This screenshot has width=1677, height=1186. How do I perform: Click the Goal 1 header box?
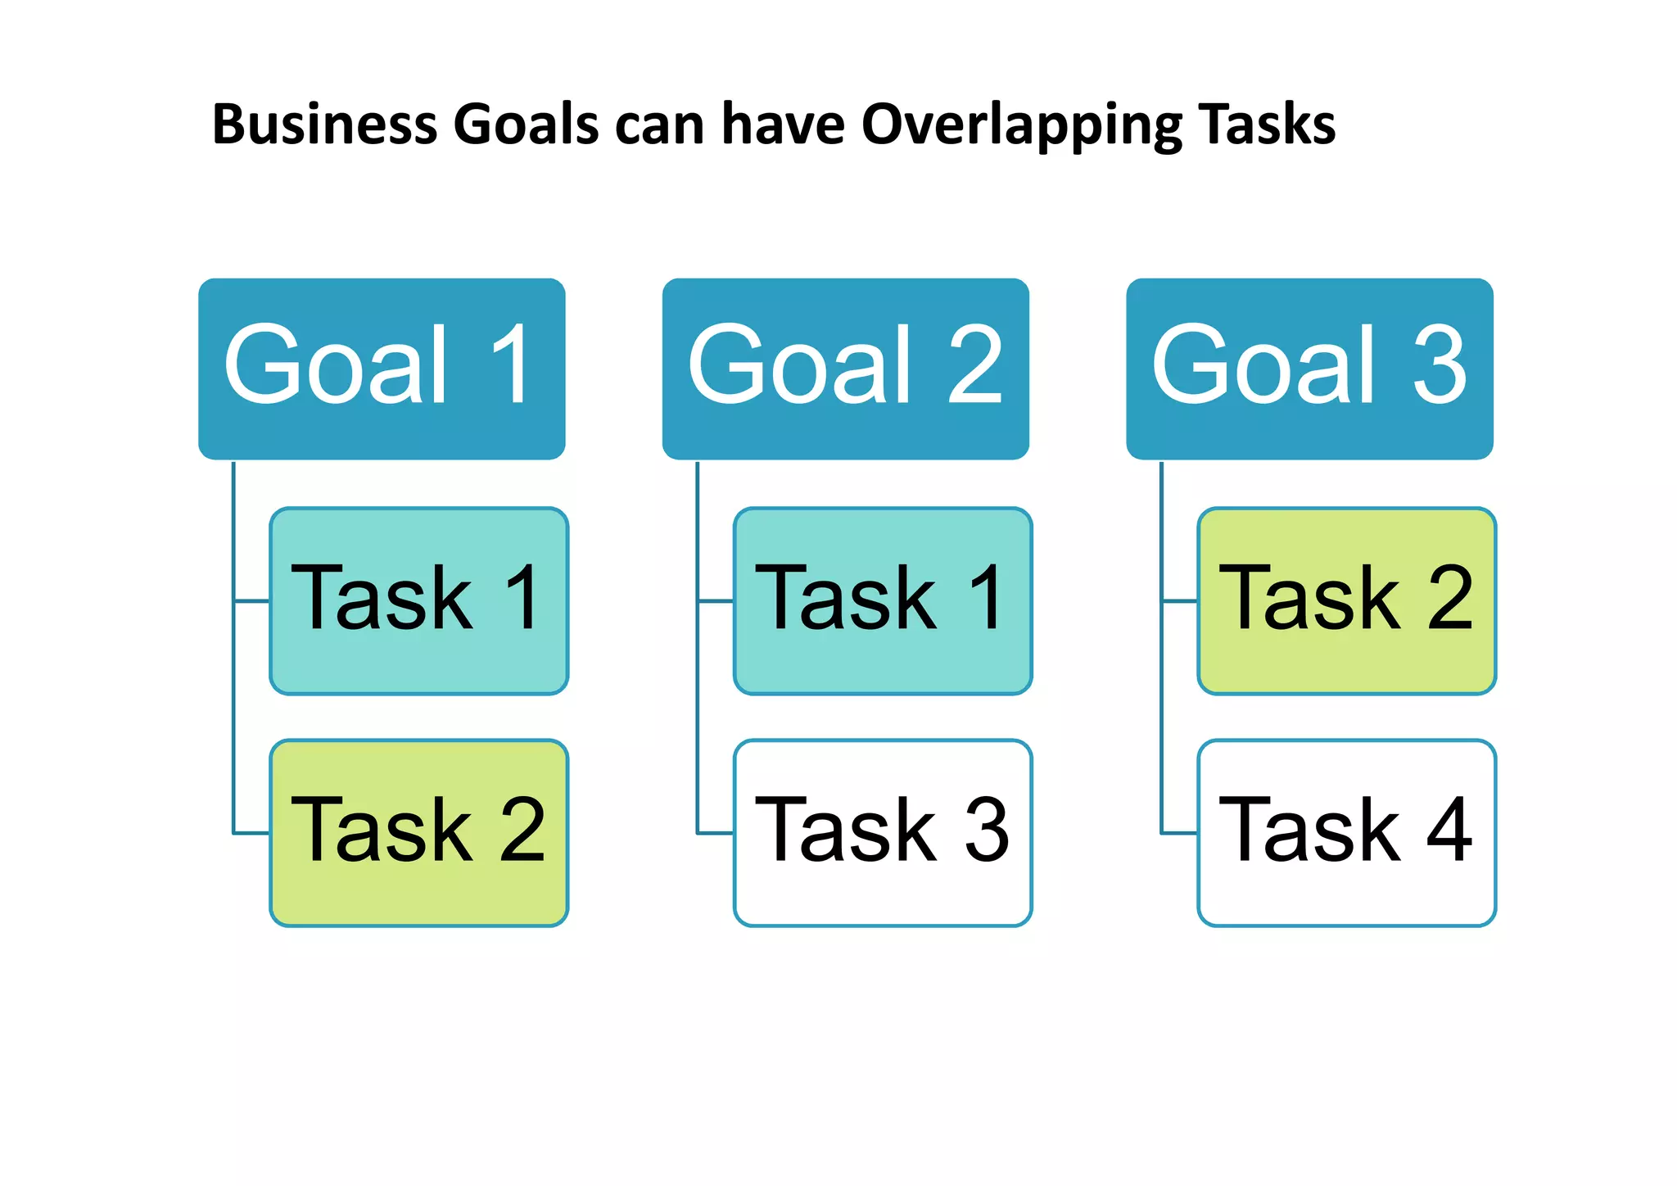382,369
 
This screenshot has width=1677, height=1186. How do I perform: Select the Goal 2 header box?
845,369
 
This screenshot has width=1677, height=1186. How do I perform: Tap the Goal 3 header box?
1309,369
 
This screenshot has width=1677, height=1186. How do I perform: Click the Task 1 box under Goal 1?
418,601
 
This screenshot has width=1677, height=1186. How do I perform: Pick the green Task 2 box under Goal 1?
418,833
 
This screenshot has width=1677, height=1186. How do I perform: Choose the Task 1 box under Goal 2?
883,601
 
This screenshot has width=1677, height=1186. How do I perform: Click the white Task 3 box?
883,833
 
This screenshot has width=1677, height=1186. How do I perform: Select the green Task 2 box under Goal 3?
1346,601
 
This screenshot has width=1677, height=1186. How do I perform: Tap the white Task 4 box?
1346,833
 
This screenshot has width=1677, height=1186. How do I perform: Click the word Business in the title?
324,125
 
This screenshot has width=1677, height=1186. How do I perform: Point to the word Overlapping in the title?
1021,125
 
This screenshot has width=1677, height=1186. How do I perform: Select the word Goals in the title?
526,125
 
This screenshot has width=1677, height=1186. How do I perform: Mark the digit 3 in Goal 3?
1440,365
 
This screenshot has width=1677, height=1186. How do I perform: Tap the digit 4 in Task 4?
1449,831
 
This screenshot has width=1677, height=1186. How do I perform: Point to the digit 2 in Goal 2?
974,365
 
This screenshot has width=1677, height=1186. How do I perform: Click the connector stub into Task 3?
716,833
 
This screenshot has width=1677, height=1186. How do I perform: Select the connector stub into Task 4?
1179,833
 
